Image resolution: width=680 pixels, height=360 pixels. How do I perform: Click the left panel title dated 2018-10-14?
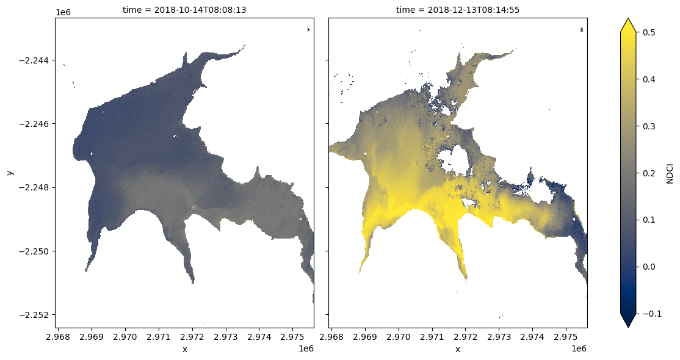184,10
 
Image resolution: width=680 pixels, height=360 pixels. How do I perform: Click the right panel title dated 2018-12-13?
458,10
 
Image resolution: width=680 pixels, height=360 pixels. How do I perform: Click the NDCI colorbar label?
669,173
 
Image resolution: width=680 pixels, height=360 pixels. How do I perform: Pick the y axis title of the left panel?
10,173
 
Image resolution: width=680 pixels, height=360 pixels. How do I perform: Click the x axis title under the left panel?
184,349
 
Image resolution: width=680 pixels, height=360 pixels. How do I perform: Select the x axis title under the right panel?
458,349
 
